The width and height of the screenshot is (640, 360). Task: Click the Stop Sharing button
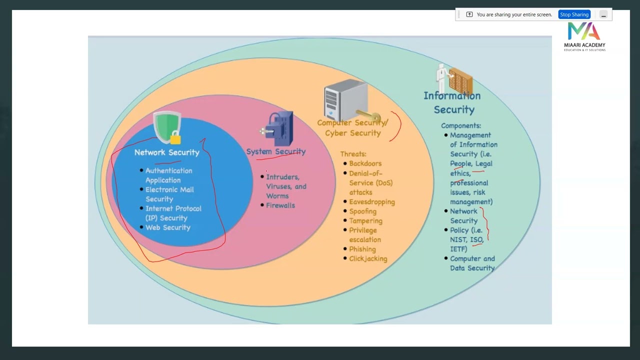pyautogui.click(x=574, y=14)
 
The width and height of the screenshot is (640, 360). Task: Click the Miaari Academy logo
pyautogui.click(x=584, y=36)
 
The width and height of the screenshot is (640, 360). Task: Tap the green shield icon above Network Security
pyautogui.click(x=167, y=127)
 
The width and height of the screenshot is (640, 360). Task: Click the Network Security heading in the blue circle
pyautogui.click(x=166, y=152)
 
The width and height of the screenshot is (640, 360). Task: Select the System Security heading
pyautogui.click(x=275, y=151)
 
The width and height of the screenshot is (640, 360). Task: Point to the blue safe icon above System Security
pyautogui.click(x=278, y=128)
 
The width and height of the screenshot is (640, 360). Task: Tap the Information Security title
pyautogui.click(x=452, y=102)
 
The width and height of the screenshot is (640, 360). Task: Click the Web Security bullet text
pyautogui.click(x=167, y=227)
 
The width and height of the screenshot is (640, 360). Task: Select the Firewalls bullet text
pyautogui.click(x=280, y=205)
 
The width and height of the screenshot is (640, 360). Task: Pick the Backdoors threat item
pyautogui.click(x=365, y=163)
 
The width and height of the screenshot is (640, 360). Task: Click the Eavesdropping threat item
pyautogui.click(x=371, y=202)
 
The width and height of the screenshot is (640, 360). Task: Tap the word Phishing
pyautogui.click(x=362, y=249)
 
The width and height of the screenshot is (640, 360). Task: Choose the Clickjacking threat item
pyautogui.click(x=368, y=258)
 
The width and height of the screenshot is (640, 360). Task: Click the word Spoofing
pyautogui.click(x=362, y=211)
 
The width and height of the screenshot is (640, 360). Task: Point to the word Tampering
pyautogui.click(x=365, y=221)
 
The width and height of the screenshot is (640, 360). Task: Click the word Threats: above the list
pyautogui.click(x=353, y=154)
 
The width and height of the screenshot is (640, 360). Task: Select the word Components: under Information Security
pyautogui.click(x=460, y=126)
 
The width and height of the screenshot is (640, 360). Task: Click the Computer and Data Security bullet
pyautogui.click(x=472, y=263)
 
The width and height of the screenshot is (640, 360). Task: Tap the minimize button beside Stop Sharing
pyautogui.click(x=603, y=14)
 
